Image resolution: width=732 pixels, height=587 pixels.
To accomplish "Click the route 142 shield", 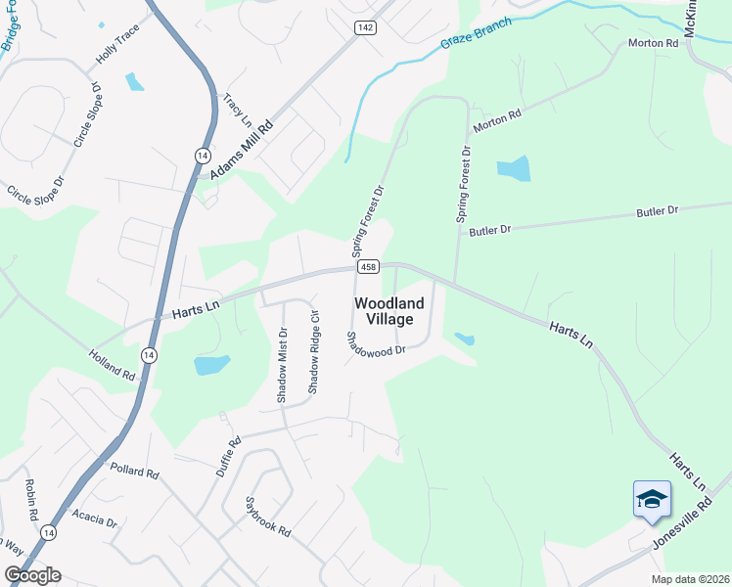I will pyautogui.click(x=365, y=28).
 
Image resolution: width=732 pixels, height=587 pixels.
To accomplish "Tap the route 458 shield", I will pyautogui.click(x=368, y=267).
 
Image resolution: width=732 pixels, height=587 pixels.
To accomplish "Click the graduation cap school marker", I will pyautogui.click(x=652, y=501).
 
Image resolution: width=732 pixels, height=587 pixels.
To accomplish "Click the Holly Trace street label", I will pyautogui.click(x=117, y=45).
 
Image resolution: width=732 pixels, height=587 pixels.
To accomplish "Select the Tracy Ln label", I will pyautogui.click(x=238, y=110).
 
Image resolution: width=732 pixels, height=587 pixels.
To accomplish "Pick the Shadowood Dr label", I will pyautogui.click(x=375, y=344).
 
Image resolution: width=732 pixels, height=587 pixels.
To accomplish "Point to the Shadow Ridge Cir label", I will pyautogui.click(x=314, y=352).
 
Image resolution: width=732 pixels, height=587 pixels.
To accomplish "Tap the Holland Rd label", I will pyautogui.click(x=112, y=363).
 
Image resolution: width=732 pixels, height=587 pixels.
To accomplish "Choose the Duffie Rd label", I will pyautogui.click(x=228, y=456).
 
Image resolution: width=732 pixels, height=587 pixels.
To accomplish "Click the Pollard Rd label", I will pyautogui.click(x=134, y=472).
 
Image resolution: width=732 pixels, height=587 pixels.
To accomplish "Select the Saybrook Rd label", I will pyautogui.click(x=269, y=518).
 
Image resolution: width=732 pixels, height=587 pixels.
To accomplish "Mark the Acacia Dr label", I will pyautogui.click(x=95, y=519).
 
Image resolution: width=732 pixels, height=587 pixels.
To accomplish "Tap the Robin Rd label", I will pyautogui.click(x=31, y=499).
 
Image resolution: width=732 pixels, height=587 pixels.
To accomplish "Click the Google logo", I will pyautogui.click(x=31, y=575).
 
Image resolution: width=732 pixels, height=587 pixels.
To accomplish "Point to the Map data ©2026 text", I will pyautogui.click(x=691, y=579).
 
